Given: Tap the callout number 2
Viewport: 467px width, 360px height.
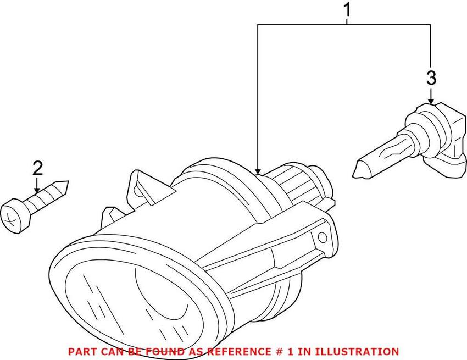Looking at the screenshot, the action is [37, 168].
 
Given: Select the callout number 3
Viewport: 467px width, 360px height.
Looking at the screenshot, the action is [431, 78].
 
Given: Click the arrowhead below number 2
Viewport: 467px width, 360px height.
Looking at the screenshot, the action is [37, 189].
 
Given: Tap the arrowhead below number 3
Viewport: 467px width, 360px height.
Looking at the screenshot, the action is [431, 101].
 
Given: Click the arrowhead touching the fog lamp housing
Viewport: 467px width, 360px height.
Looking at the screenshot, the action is [258, 171].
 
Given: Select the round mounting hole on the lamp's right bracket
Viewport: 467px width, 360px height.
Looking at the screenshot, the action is [323, 237].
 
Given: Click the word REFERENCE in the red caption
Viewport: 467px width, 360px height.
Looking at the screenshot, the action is [238, 352].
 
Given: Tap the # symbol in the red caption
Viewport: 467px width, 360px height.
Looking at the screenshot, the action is [277, 352].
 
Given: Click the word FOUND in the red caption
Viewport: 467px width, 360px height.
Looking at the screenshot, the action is [165, 352].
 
